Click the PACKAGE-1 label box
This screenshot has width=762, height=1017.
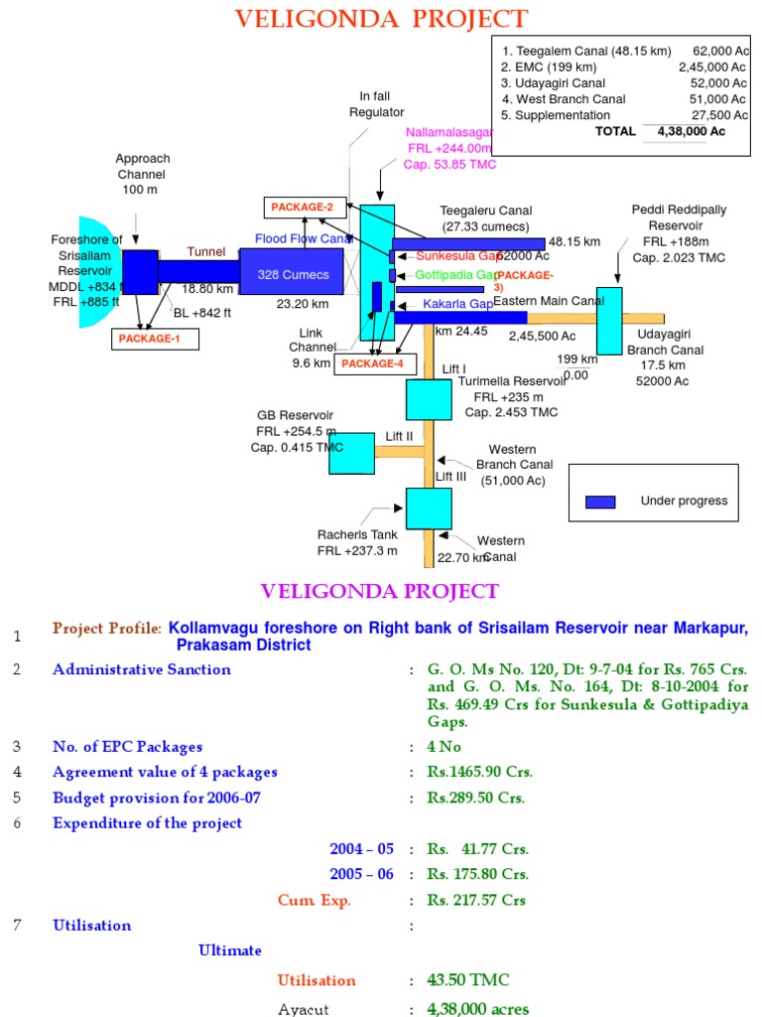(156, 339)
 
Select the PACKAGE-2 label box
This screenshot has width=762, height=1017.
(305, 208)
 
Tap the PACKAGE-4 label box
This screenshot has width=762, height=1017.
(373, 363)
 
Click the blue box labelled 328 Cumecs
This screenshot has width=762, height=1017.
(291, 273)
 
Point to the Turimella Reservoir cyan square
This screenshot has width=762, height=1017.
(429, 398)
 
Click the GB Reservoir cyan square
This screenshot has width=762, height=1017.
(351, 453)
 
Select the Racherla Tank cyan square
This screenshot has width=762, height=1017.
(429, 508)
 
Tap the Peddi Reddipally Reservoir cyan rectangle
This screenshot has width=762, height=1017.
(609, 320)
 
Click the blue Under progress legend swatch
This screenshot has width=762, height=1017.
(600, 502)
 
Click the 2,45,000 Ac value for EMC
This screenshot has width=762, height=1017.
(711, 67)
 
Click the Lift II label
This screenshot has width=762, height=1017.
(399, 436)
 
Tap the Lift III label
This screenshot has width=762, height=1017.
(451, 477)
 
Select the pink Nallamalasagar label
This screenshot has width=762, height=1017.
(448, 132)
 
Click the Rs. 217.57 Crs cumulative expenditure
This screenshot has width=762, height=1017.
(477, 901)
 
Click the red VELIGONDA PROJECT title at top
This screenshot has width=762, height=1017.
(380, 19)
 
